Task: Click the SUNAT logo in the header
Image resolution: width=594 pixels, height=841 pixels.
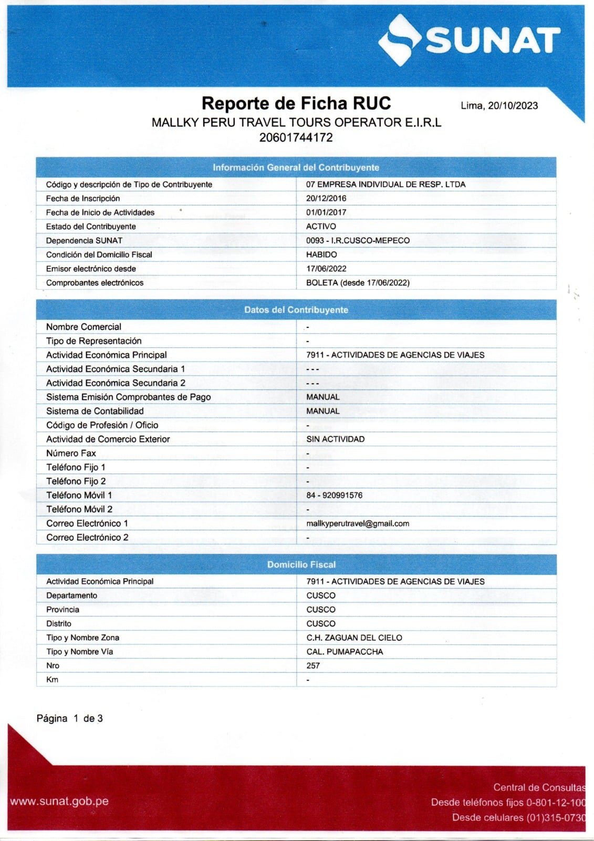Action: point(469,40)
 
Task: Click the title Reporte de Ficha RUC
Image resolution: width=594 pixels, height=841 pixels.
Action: point(296,103)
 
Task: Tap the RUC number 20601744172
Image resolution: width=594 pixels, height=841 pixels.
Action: point(296,138)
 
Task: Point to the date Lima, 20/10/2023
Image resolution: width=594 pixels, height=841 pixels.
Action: point(499,106)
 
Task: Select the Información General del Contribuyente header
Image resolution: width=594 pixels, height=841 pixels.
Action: point(296,168)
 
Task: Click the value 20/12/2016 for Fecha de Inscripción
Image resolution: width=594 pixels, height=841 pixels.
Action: point(326,199)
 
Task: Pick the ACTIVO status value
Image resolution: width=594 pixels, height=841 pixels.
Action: point(321,227)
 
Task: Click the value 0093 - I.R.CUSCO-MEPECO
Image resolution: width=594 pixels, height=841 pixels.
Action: point(358,241)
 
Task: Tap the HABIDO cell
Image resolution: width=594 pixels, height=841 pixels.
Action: point(321,254)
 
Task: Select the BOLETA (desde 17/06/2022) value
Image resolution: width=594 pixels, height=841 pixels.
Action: point(358,283)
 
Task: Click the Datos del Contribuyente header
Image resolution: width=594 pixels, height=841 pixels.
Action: point(296,310)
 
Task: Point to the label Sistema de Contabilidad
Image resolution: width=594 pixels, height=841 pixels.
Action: point(95,411)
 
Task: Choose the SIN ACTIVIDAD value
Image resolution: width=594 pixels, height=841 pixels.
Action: point(335,439)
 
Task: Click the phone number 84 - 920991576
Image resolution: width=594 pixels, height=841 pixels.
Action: point(334,495)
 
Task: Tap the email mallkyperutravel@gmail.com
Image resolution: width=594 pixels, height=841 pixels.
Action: point(358,524)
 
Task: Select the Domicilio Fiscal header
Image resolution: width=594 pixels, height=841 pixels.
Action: point(301,565)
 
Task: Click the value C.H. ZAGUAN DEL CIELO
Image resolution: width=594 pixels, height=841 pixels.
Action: point(354,638)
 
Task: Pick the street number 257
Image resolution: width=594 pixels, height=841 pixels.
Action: point(313,665)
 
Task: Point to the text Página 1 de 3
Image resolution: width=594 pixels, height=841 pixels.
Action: point(69,719)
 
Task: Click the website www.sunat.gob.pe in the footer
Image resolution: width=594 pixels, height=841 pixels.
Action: point(59,802)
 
